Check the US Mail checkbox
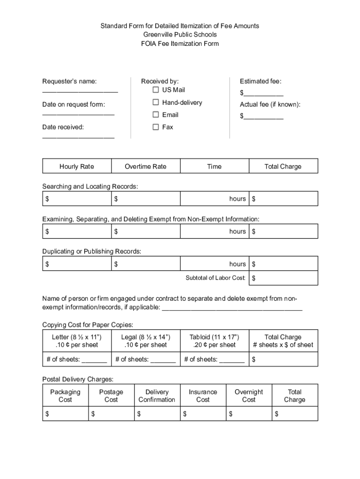(156, 89)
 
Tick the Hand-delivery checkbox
(156, 102)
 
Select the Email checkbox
(156, 115)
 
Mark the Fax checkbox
(156, 127)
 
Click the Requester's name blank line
(80, 92)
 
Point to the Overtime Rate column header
(145, 167)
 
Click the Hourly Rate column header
(77, 167)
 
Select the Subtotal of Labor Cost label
(216, 278)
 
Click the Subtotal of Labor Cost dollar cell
(283, 278)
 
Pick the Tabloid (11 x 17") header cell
(214, 341)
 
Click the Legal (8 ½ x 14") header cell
(145, 341)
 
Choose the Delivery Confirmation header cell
(157, 396)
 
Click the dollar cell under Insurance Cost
(202, 414)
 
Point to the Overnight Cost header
(249, 396)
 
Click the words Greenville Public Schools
(180, 35)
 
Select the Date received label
(63, 127)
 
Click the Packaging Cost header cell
(65, 396)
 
